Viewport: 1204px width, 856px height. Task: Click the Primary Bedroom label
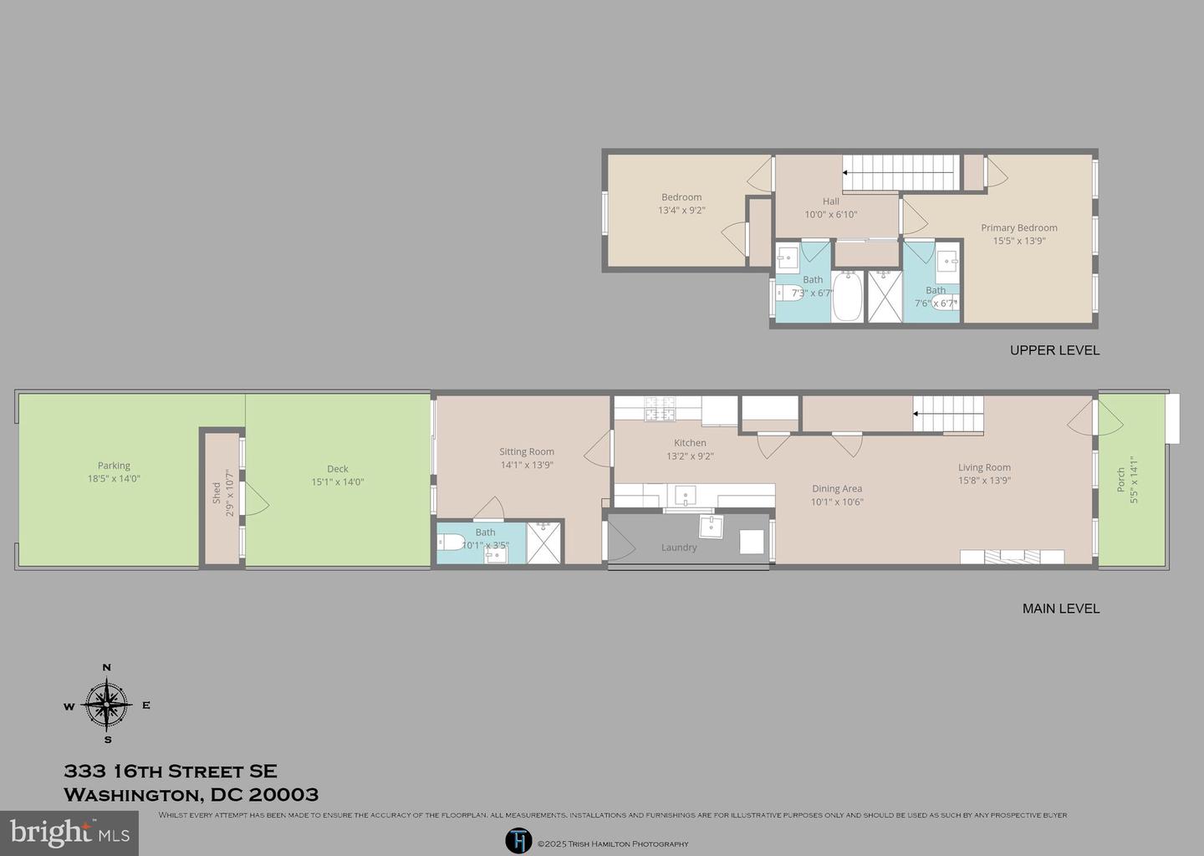coord(1018,227)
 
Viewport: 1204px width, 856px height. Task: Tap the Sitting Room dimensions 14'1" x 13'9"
coord(527,465)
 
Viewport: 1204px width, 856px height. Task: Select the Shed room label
coord(217,492)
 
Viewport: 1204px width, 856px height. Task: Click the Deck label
coord(337,469)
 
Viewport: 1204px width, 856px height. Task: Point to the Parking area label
coord(114,466)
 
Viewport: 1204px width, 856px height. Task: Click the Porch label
coord(1121,480)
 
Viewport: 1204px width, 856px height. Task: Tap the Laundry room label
coord(678,548)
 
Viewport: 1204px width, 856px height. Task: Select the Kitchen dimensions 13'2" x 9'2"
coord(690,456)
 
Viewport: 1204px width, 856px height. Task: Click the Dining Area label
coord(836,489)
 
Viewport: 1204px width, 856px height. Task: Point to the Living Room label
coord(984,467)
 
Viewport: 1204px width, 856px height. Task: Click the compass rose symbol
coord(107,705)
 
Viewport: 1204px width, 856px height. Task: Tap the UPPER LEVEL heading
coord(1054,350)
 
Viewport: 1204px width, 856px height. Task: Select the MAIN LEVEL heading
coord(1060,609)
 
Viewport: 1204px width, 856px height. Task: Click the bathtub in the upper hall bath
coord(846,296)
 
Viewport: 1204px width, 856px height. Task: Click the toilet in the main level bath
coord(452,542)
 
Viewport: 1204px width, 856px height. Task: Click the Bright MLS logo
coord(69,833)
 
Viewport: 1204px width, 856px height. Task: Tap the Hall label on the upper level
coord(830,201)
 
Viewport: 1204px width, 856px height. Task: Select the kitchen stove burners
coord(659,409)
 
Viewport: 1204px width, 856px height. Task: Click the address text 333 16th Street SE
coord(171,772)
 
